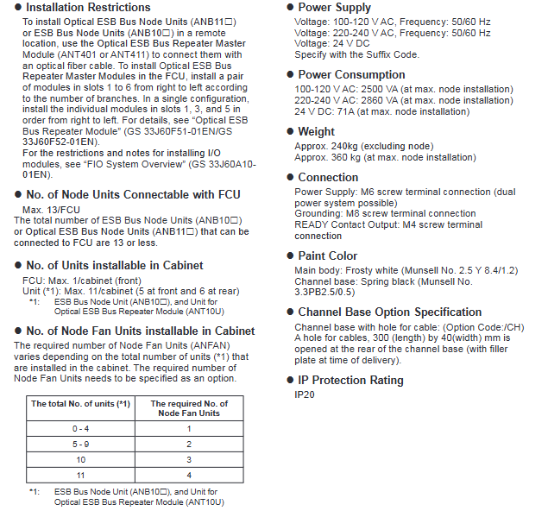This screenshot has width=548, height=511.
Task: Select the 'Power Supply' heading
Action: click(x=334, y=8)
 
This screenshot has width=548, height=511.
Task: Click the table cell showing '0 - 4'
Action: click(x=80, y=428)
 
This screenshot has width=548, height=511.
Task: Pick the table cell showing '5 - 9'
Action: click(x=80, y=444)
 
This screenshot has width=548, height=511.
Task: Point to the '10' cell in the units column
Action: click(x=80, y=459)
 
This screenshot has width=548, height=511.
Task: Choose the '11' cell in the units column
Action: click(x=80, y=475)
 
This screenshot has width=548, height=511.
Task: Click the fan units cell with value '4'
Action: click(x=189, y=475)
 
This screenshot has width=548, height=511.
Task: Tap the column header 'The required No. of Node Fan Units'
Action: click(x=189, y=408)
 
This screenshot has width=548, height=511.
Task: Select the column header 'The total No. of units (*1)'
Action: click(x=80, y=404)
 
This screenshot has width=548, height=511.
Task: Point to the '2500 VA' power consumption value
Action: click(x=381, y=89)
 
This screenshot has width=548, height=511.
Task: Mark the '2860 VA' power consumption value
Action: click(x=381, y=100)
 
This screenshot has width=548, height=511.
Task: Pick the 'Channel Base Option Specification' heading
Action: click(x=389, y=312)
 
